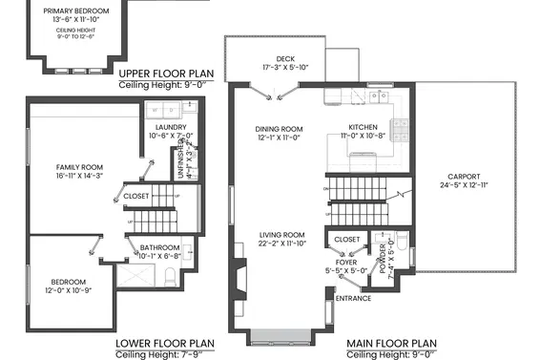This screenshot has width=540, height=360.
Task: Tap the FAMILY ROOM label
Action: point(78,166)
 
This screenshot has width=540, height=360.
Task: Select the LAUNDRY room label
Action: point(170,127)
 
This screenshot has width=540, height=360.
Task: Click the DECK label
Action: point(285,59)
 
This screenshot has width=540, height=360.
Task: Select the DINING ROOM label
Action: point(279,129)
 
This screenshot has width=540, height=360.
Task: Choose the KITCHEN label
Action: point(363,127)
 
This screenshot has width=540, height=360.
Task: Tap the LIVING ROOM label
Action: point(281,235)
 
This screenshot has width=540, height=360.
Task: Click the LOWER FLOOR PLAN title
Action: point(164,343)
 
